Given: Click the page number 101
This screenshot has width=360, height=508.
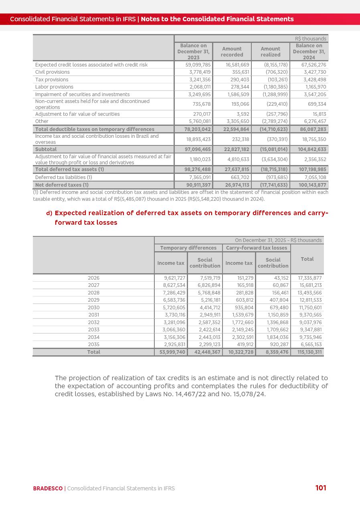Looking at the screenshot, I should click(x=321, y=488).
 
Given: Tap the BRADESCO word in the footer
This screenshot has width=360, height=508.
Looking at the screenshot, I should click(x=48, y=488).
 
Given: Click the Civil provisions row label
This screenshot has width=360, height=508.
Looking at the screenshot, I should click(x=53, y=72).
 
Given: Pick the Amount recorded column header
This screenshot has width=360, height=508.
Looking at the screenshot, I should click(x=232, y=52).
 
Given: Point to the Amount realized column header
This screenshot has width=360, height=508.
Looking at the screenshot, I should click(x=270, y=52).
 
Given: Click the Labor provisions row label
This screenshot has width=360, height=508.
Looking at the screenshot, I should click(x=54, y=87).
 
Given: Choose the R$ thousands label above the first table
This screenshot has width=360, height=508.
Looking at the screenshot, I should click(x=310, y=39).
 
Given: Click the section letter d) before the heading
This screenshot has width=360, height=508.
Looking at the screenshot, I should click(x=49, y=213).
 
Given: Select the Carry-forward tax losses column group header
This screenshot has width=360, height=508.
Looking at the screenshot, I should click(x=257, y=248).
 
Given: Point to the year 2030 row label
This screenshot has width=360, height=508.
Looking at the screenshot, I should click(x=93, y=308).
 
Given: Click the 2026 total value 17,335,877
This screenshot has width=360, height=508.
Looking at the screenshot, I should click(x=309, y=278).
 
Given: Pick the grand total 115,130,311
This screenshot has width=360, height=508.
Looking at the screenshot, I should click(x=309, y=352).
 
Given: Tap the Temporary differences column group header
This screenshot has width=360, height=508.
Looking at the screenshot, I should click(x=188, y=248).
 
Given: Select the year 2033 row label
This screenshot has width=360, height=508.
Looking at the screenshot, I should click(x=93, y=330).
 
